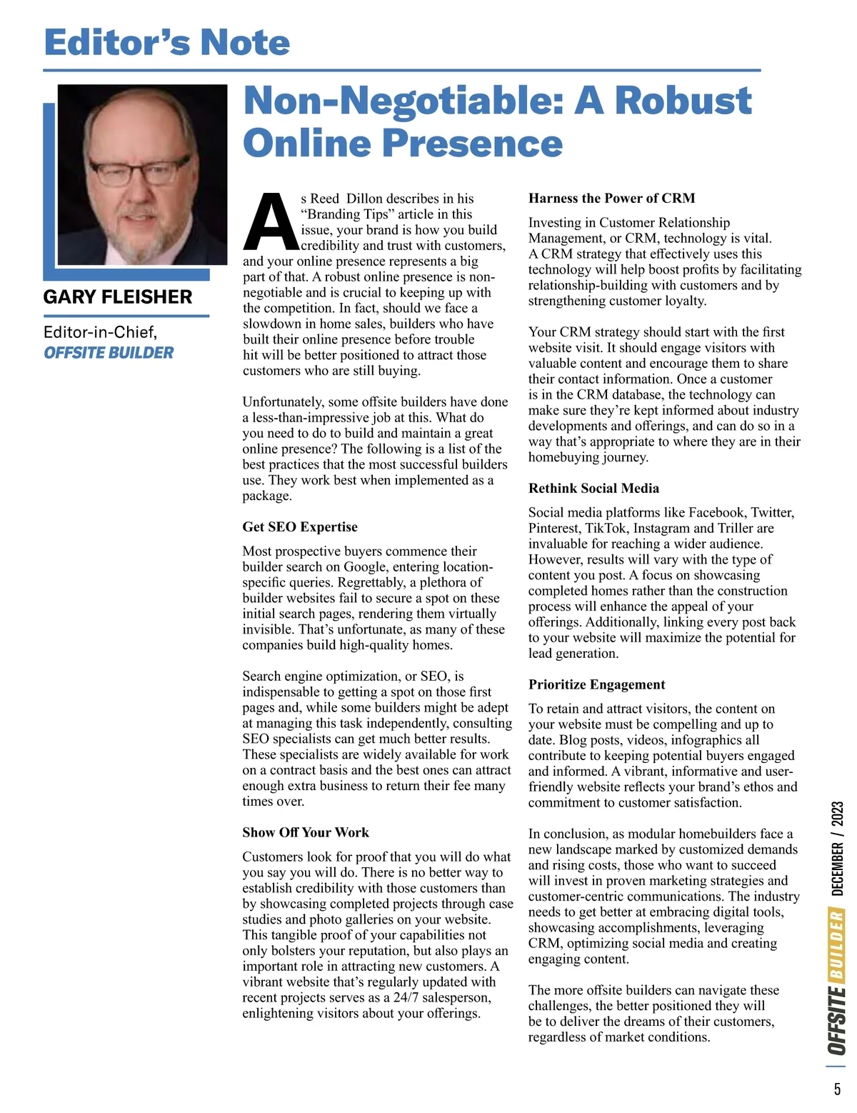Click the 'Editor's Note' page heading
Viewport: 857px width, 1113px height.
pyautogui.click(x=167, y=42)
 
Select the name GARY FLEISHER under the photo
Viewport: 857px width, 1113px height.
pyautogui.click(x=118, y=297)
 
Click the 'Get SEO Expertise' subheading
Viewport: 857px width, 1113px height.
pyautogui.click(x=300, y=527)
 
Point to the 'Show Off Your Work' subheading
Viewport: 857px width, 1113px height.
pyautogui.click(x=306, y=832)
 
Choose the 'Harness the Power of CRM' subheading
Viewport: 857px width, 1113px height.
pyautogui.click(x=611, y=199)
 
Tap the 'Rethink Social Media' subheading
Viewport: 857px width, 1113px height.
pyautogui.click(x=593, y=489)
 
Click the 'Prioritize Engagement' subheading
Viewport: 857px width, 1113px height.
pyautogui.click(x=596, y=684)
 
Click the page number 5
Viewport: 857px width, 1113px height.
pyautogui.click(x=837, y=1090)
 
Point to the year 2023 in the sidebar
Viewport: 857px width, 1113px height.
pyautogui.click(x=838, y=814)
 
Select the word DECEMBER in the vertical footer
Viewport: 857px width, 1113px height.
pyautogui.click(x=838, y=869)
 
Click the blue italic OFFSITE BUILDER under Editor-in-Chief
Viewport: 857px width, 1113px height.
pyautogui.click(x=109, y=353)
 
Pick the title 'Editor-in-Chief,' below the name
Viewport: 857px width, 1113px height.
pyautogui.click(x=100, y=332)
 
